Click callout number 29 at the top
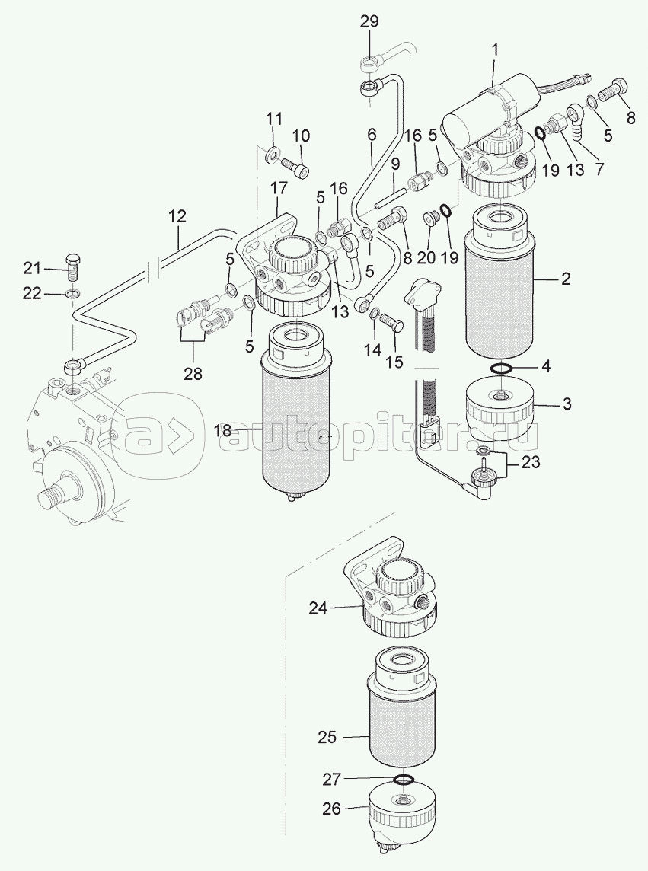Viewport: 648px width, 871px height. (369, 21)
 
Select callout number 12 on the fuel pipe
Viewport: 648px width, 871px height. (177, 217)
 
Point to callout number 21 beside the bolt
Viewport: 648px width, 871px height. (32, 268)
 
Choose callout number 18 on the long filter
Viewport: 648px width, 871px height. (223, 431)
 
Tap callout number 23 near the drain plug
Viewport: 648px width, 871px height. (531, 462)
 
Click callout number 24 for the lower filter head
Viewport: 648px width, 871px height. (318, 609)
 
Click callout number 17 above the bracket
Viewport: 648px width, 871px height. (279, 188)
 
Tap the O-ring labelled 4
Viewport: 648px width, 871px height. (503, 368)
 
